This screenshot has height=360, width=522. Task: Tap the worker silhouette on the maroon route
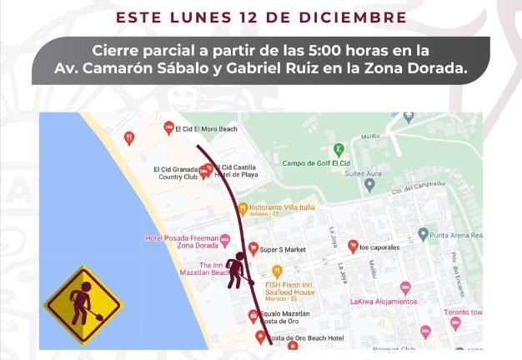coord(237,269)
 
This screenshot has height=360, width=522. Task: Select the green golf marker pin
coord(339,149)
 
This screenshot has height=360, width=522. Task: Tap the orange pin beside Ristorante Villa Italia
coord(242,208)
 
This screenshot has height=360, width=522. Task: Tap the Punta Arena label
coord(457,235)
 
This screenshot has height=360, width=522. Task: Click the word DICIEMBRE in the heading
coord(364,17)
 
